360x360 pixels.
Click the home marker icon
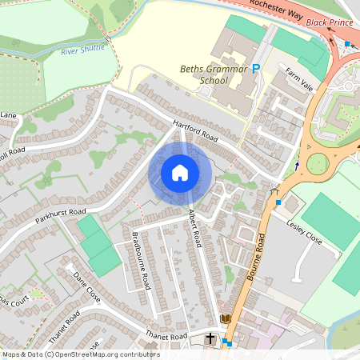click(x=180, y=173)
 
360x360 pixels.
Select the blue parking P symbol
click(x=256, y=70)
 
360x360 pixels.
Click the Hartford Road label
click(x=195, y=133)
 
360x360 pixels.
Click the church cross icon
click(x=211, y=338)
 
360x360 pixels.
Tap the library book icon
click(x=226, y=319)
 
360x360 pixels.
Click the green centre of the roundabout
click(x=318, y=164)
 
